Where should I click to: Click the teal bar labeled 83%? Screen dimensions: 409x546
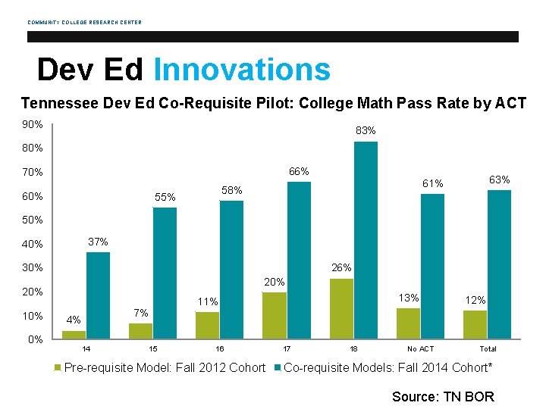pyautogui.click(x=366, y=239)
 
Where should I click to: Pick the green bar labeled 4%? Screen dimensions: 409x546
pyautogui.click(x=74, y=334)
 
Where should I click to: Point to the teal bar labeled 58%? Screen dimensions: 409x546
pyautogui.click(x=231, y=269)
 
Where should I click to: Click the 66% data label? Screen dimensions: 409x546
pyautogui.click(x=299, y=172)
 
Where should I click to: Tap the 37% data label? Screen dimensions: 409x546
pyautogui.click(x=99, y=242)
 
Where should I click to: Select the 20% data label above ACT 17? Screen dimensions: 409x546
pyautogui.click(x=275, y=283)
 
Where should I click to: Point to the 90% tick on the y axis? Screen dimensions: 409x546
pyautogui.click(x=33, y=124)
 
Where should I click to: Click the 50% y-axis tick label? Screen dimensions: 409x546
pyautogui.click(x=33, y=220)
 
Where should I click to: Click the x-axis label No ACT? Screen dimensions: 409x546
pyautogui.click(x=420, y=349)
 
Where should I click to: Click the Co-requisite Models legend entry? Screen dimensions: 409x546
pyautogui.click(x=387, y=368)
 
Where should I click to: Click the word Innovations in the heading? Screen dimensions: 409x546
pyautogui.click(x=242, y=70)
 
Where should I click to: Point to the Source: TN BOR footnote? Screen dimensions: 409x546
pyautogui.click(x=443, y=397)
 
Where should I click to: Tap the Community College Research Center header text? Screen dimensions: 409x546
pyautogui.click(x=84, y=22)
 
